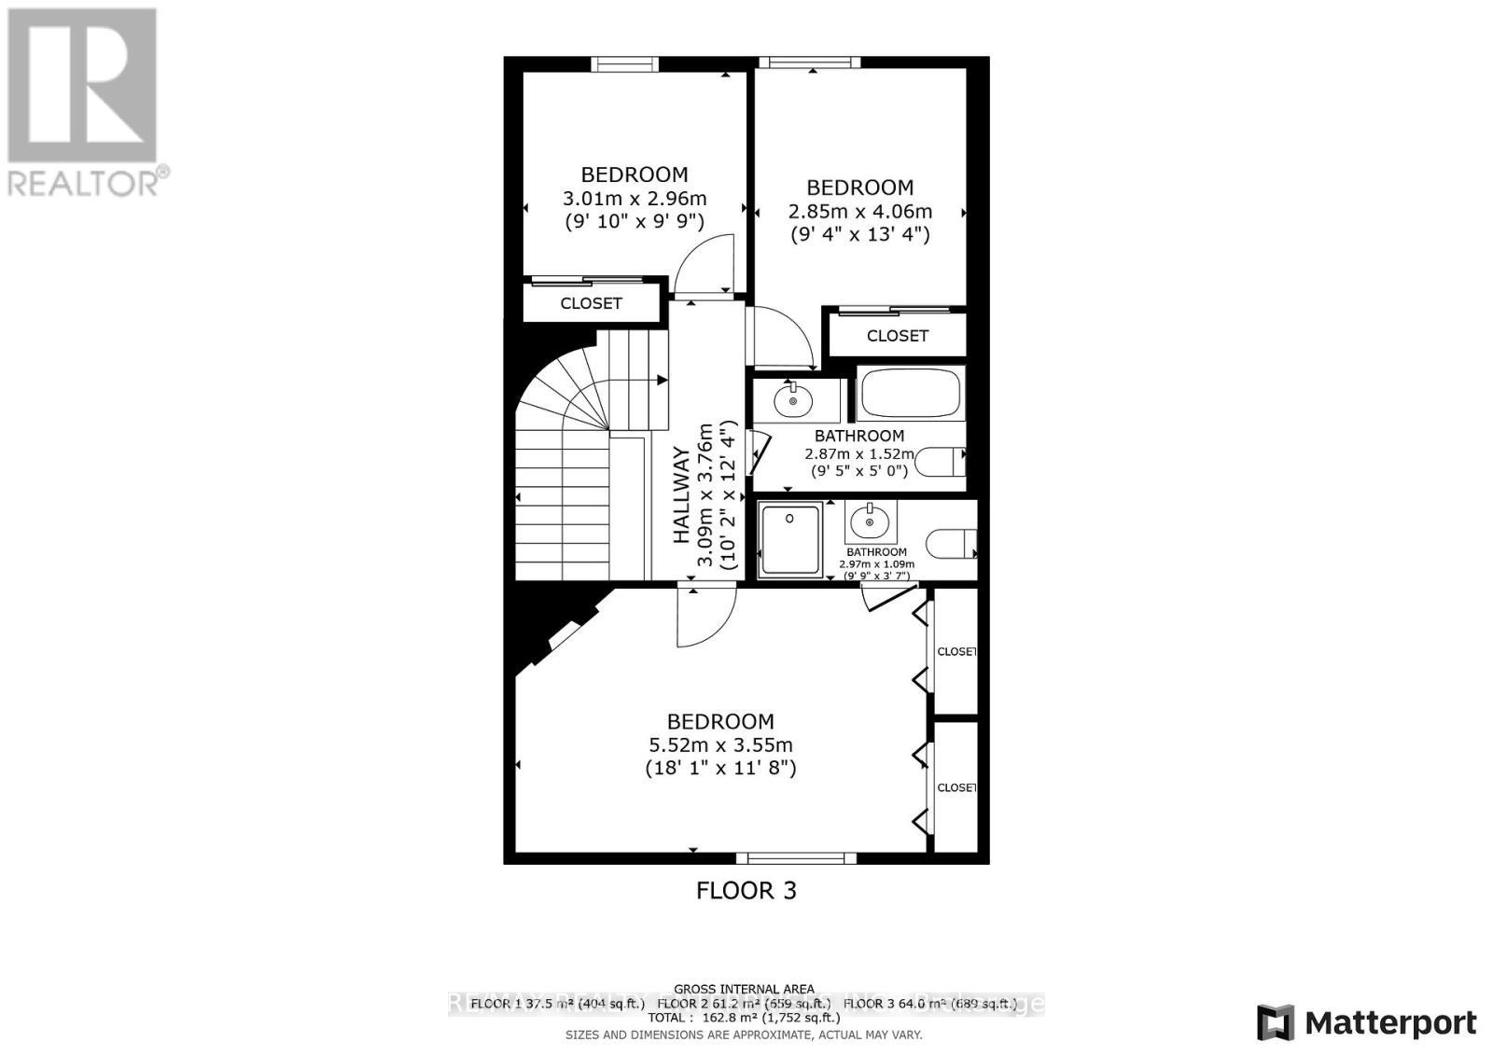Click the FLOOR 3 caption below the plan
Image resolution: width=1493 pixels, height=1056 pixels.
(x=746, y=890)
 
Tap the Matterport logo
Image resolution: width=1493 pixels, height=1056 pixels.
(x=1367, y=1022)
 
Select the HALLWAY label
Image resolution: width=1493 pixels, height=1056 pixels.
(x=682, y=495)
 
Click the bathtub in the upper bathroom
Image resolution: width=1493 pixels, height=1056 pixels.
(x=910, y=394)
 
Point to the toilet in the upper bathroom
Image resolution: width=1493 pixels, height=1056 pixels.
(x=942, y=461)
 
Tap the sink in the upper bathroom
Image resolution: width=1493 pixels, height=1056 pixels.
(x=793, y=400)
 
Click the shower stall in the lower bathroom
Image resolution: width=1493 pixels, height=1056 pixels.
(x=790, y=538)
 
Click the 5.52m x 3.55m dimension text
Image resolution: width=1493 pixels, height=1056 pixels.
(x=720, y=745)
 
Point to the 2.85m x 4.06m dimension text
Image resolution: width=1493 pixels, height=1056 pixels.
(x=859, y=212)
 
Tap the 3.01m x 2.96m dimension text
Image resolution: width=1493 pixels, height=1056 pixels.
(x=635, y=199)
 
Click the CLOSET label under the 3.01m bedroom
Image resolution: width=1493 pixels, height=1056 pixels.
(x=591, y=303)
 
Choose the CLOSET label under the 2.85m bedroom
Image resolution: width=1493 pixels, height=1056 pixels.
(x=898, y=336)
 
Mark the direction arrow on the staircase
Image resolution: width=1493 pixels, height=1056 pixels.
(x=661, y=380)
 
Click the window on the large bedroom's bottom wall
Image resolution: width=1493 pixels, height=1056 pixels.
(x=796, y=857)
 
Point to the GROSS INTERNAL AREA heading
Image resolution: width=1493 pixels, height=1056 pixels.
(x=744, y=989)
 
